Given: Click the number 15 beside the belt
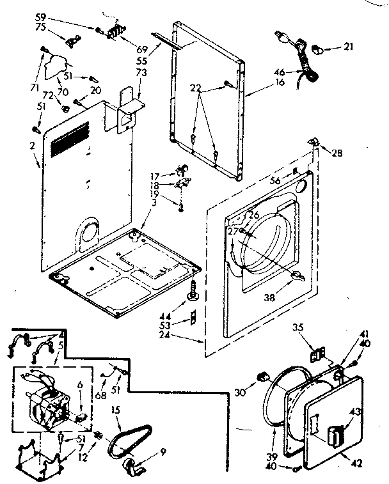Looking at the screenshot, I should (116, 409).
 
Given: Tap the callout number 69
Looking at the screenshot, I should (142, 48).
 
